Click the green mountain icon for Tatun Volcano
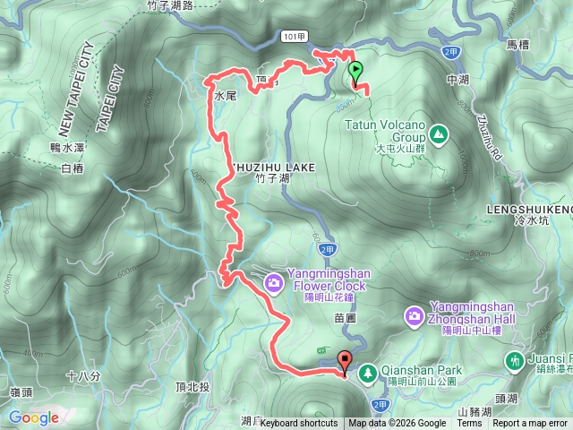[439, 135]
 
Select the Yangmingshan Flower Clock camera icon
[273, 284]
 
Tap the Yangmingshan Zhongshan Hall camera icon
[415, 315]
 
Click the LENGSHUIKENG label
[529, 209]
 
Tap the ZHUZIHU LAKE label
[273, 168]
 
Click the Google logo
[33, 417]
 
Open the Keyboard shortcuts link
[299, 424]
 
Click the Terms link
[469, 424]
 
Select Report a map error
[530, 424]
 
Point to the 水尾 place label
[224, 93]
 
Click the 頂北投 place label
[192, 387]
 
